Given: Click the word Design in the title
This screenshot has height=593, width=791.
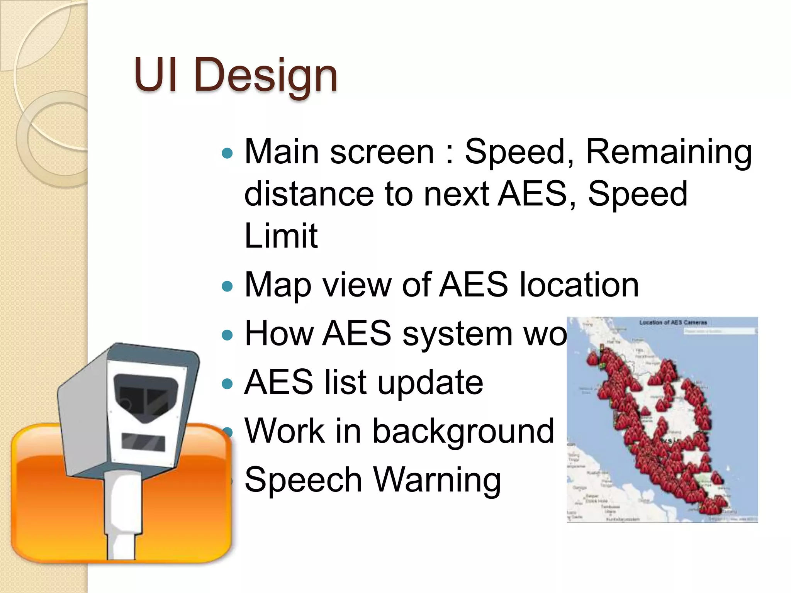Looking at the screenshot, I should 266,75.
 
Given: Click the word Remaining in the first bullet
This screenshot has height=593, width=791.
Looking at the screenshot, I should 669,152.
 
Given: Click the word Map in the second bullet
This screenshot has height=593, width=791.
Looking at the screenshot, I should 278,286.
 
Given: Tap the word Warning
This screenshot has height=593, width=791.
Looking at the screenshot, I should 437,480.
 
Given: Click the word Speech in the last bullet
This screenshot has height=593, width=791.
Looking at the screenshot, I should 303,480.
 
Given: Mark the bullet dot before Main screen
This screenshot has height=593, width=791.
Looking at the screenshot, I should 227,154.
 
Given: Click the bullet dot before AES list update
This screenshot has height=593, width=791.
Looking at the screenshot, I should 227,384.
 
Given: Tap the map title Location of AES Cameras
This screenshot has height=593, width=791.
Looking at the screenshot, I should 673,322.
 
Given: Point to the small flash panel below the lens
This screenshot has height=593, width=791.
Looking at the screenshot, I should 143,442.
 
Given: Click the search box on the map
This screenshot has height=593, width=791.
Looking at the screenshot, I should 719,331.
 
